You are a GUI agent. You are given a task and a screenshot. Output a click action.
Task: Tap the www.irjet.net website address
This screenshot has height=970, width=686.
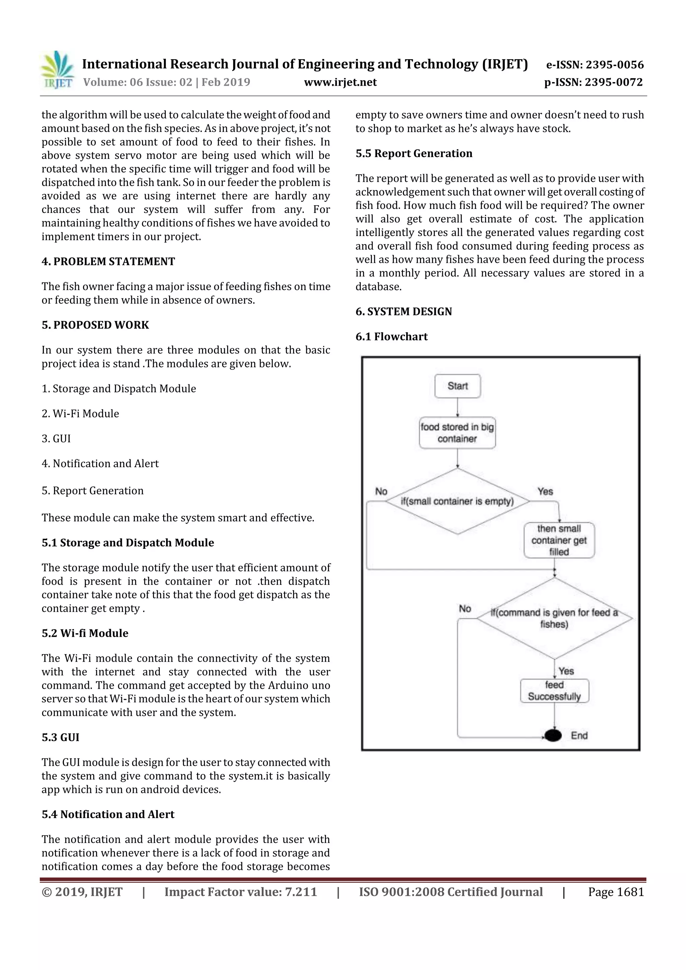340,82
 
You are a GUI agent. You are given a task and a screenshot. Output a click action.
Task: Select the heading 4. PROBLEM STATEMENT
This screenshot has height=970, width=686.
108,262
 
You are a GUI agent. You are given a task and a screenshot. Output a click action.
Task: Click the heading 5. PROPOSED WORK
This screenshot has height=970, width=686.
95,325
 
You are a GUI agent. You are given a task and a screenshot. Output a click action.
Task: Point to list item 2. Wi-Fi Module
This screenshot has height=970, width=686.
80,414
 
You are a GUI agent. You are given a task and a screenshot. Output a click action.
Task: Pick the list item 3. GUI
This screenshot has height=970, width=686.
56,439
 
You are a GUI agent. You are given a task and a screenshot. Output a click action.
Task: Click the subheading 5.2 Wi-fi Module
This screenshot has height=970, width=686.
85,633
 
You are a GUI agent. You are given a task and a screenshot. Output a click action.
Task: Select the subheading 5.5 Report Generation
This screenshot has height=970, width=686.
414,153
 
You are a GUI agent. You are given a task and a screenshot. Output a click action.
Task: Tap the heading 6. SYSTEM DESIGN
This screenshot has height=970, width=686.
404,311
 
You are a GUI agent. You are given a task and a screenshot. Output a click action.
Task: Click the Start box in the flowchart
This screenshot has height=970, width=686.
457,386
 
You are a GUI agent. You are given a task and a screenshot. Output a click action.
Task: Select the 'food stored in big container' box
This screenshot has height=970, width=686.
457,433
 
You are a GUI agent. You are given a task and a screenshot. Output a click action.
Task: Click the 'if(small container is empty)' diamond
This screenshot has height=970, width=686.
457,502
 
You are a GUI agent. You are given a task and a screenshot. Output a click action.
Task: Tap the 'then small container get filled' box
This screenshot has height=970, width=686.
559,540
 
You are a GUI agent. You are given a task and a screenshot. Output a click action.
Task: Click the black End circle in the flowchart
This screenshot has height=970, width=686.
553,736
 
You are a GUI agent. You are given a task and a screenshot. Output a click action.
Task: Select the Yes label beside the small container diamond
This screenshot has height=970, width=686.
545,491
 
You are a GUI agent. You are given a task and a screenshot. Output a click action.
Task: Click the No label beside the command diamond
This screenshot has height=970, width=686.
465,609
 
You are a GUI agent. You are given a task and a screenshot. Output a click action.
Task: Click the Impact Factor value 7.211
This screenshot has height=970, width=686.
301,892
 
